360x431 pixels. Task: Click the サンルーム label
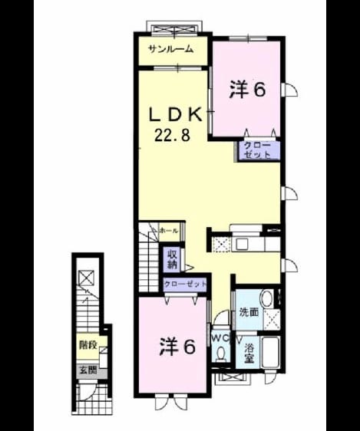point(170,50)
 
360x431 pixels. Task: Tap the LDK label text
point(176,114)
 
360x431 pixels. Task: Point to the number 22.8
point(172,135)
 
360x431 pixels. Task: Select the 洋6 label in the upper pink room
point(247,90)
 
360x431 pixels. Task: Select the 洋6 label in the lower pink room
point(177,347)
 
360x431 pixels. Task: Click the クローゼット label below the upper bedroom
point(257,150)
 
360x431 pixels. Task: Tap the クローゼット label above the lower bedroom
point(185,284)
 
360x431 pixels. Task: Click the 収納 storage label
point(172,260)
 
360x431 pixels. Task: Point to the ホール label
point(169,231)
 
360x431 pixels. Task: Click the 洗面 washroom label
point(249,312)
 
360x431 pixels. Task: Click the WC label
point(220,339)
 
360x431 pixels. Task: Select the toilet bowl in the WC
point(220,354)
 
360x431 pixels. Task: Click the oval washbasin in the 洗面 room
point(266,299)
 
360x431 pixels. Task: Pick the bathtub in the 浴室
point(271,352)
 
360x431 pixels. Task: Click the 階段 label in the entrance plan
point(88,344)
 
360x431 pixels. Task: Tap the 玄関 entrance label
point(88,370)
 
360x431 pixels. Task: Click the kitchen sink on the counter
point(242,244)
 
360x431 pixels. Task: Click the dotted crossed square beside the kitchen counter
point(222,245)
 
